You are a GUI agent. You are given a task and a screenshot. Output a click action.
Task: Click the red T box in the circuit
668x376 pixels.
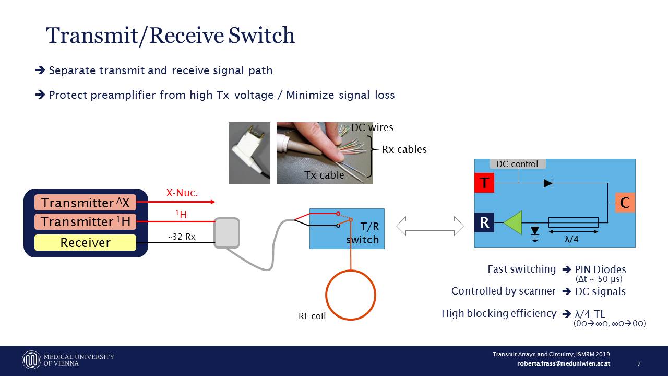pyautogui.click(x=484, y=183)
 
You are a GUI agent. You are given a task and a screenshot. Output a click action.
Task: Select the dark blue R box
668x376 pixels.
pyautogui.click(x=484, y=222)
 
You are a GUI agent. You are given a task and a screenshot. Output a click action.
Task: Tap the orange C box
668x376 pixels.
pyautogui.click(x=625, y=202)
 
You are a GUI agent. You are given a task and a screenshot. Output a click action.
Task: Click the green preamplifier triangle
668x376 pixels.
pyautogui.click(x=513, y=222)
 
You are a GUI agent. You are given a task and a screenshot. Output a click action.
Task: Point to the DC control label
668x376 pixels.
pyautogui.click(x=517, y=164)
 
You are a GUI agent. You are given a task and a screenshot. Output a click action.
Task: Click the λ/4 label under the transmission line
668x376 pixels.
pyautogui.click(x=572, y=240)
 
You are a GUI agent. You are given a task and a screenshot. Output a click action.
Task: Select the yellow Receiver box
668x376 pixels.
pyautogui.click(x=85, y=242)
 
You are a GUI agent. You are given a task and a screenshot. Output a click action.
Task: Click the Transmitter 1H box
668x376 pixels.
pyautogui.click(x=85, y=222)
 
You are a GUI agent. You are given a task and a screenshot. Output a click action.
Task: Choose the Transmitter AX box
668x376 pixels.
pyautogui.click(x=85, y=203)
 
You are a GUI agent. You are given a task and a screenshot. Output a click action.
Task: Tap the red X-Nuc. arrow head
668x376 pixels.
pyautogui.click(x=212, y=202)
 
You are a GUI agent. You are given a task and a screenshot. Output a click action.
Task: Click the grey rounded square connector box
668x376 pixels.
pyautogui.click(x=226, y=233)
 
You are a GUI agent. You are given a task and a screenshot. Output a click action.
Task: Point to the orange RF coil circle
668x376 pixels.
pyautogui.click(x=351, y=295)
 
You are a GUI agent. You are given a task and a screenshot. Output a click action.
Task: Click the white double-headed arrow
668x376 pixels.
pyautogui.click(x=430, y=226)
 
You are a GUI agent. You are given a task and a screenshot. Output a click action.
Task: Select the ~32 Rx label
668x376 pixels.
pyautogui.click(x=181, y=237)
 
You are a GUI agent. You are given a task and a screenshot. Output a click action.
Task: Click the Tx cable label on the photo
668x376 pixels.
pyautogui.click(x=324, y=175)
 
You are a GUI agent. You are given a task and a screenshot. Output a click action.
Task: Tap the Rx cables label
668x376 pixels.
pyautogui.click(x=404, y=149)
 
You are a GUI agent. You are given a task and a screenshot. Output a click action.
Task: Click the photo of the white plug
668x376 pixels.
pyautogui.click(x=249, y=152)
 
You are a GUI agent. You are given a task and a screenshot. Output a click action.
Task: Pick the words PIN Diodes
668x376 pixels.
pyautogui.click(x=600, y=270)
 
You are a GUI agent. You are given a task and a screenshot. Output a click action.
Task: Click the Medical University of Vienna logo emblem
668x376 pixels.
pyautogui.click(x=31, y=360)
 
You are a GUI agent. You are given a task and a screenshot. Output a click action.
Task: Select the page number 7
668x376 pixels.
pyautogui.click(x=639, y=363)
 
